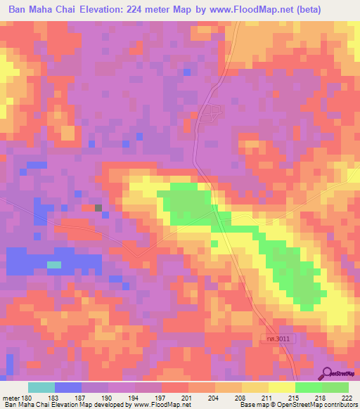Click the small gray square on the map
point(98,207)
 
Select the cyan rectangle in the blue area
point(54,264)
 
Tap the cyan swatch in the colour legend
point(41,387)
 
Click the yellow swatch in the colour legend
point(281,387)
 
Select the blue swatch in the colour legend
point(68,387)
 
